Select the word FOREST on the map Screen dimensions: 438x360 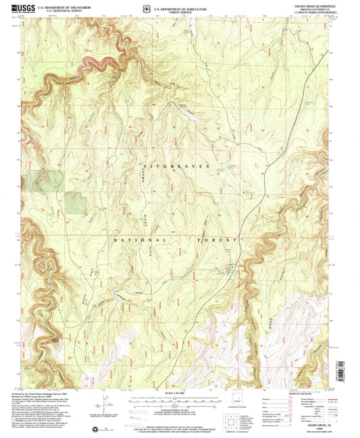click(x=219, y=240)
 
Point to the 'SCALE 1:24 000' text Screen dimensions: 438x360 click(x=179, y=393)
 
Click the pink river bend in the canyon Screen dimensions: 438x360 click(x=95, y=64)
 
